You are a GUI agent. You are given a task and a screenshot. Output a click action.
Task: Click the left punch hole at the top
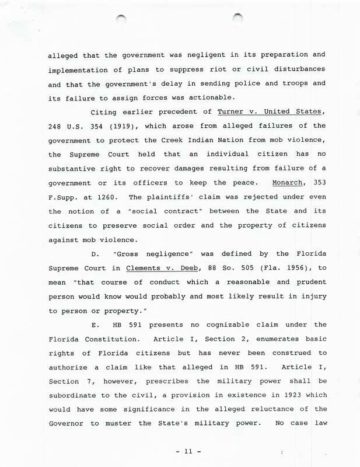[121, 20]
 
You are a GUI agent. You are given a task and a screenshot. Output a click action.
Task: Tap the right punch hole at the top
[237, 19]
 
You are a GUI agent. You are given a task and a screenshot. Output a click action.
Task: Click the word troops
[288, 83]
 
